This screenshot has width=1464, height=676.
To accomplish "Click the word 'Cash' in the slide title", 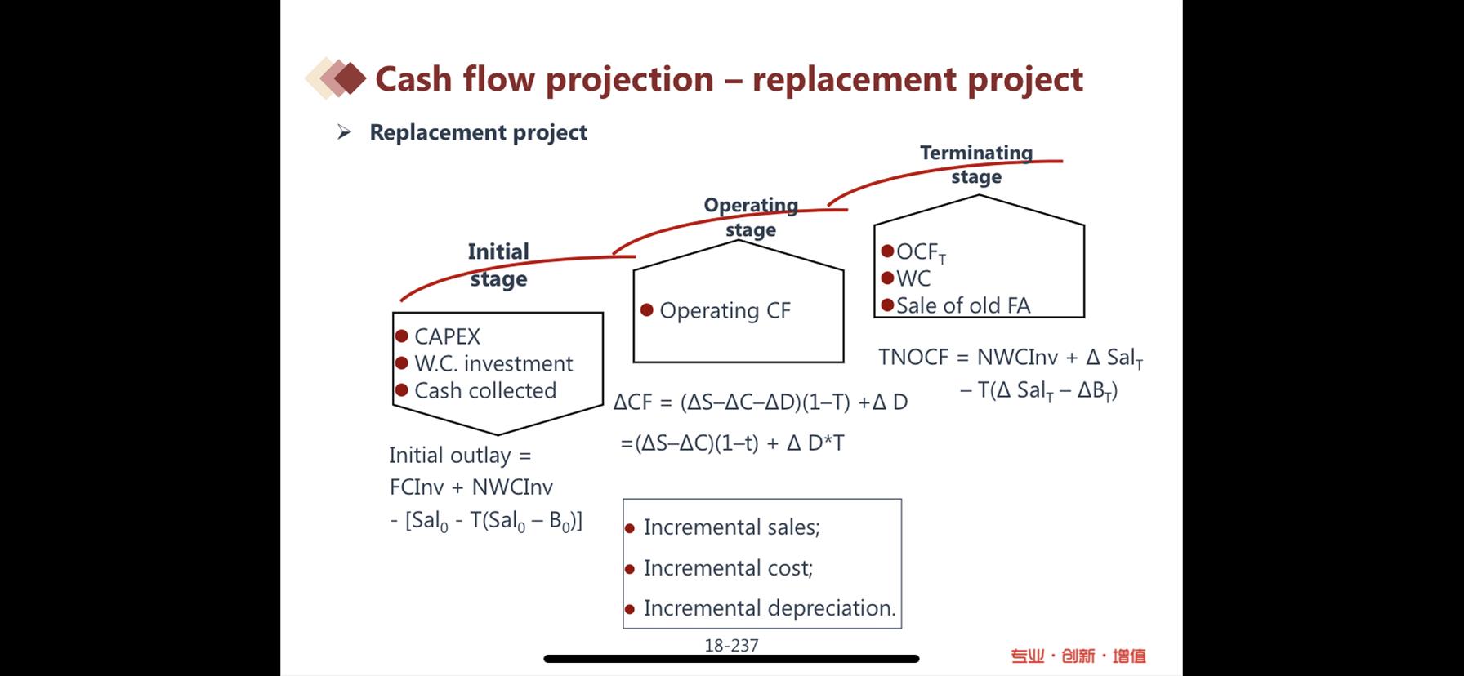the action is tap(413, 79).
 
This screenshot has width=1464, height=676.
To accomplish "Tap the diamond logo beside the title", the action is tap(336, 78).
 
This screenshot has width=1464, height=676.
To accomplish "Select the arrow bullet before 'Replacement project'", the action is tap(344, 132).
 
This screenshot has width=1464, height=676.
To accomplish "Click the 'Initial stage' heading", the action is tap(498, 265).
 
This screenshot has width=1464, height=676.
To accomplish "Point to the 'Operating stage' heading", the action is tap(751, 217).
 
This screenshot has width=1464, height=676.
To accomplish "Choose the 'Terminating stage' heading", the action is tap(976, 165).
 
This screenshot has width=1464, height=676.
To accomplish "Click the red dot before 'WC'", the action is tap(888, 278).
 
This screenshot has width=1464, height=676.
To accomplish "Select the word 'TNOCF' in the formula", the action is tap(913, 358).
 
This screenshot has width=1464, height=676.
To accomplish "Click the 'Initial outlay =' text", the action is tap(460, 456).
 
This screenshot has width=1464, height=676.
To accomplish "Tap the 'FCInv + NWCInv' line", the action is tap(471, 487).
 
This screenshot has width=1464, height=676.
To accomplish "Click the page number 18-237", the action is tap(731, 646).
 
